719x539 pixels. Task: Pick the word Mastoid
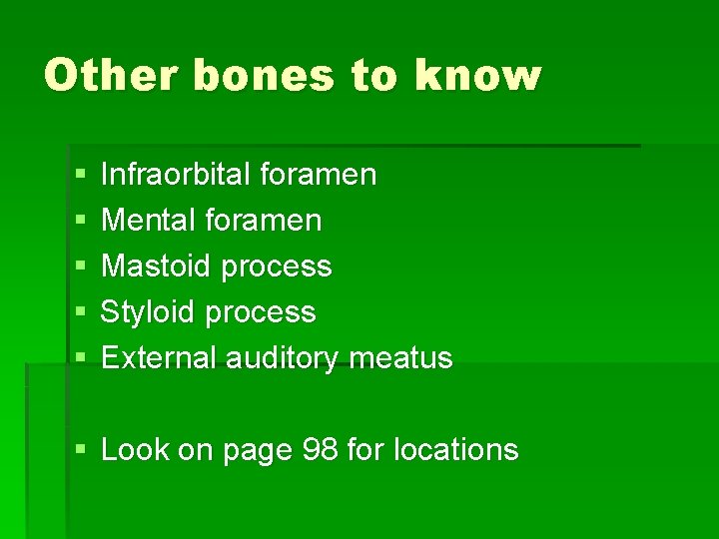[x=157, y=266]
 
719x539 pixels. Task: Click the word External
[x=160, y=357]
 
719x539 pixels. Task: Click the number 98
[x=317, y=449]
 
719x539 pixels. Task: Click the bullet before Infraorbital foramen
[x=79, y=176]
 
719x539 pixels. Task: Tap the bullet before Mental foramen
[x=79, y=221]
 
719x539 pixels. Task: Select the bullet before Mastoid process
[x=79, y=267]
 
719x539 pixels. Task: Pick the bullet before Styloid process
[x=79, y=312]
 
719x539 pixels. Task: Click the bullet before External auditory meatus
[x=79, y=358]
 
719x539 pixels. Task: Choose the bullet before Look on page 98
[x=79, y=450]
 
